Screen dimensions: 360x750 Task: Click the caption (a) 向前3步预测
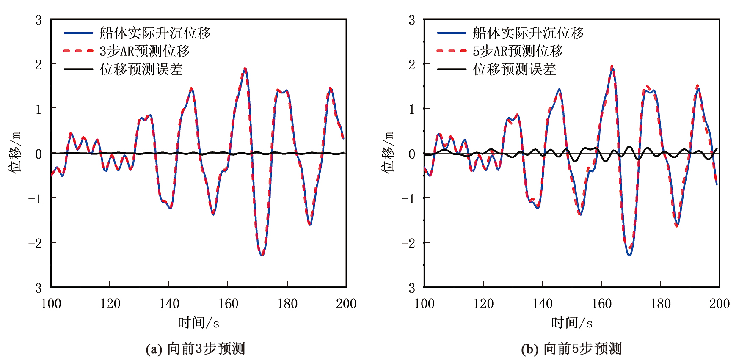click(196, 349)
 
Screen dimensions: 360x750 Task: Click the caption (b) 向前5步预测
click(571, 349)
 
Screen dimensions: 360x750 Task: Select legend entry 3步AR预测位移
click(144, 51)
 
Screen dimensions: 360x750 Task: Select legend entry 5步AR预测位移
click(518, 51)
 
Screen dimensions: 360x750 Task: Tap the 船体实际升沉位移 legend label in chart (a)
click(155, 33)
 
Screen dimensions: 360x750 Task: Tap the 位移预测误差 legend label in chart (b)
click(514, 69)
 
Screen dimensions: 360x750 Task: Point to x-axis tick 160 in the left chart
click(228, 303)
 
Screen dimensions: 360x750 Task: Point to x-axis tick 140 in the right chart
click(542, 303)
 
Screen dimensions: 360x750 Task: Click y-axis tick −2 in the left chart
click(35, 243)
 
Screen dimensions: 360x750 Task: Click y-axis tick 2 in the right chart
click(412, 64)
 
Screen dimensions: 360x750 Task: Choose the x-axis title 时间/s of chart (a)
click(199, 323)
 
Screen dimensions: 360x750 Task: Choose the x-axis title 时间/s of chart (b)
click(572, 323)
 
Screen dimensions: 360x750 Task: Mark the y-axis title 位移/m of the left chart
click(14, 152)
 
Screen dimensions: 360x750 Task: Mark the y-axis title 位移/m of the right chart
click(388, 152)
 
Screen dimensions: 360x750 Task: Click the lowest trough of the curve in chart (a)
click(262, 255)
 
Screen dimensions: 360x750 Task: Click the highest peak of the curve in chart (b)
click(612, 68)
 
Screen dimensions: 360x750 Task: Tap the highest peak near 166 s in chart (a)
click(245, 69)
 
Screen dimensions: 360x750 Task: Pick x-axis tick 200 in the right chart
click(719, 303)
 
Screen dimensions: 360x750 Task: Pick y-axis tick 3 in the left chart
click(39, 20)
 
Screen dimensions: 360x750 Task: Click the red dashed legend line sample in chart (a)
click(78, 51)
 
